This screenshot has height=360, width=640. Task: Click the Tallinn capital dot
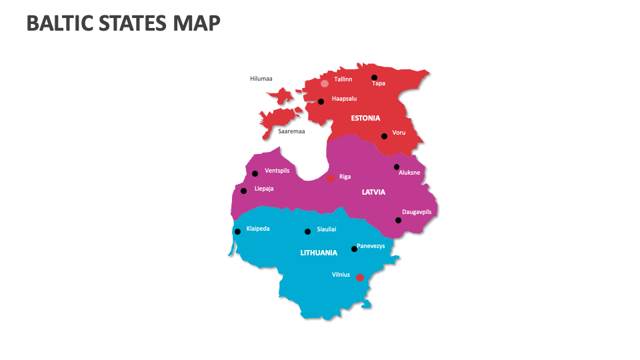pos(325,83)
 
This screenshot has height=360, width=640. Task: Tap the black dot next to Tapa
pos(374,77)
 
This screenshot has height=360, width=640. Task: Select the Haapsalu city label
pos(344,99)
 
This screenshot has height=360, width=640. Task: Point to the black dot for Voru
pos(384,136)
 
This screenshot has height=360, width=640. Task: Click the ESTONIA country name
pos(365,118)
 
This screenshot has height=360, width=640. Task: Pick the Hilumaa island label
pos(261,79)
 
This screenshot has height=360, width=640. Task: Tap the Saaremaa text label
pos(291,131)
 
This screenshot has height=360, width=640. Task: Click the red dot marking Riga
pos(330,178)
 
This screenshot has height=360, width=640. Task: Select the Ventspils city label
pos(277,171)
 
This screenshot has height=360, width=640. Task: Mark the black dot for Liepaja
pos(243,191)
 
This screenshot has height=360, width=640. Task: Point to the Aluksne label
pos(409,173)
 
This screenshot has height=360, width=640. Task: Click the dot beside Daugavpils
pos(398,220)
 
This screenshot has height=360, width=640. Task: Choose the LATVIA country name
pos(373,192)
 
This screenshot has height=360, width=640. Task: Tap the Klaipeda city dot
pos(237,231)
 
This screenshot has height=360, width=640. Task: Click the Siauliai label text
pos(327,229)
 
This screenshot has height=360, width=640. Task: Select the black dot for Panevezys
pos(354,249)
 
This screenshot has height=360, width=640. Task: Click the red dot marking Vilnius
pos(359,277)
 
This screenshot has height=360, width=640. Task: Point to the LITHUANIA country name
pos(319,253)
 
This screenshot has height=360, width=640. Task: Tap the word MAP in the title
pos(196,23)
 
